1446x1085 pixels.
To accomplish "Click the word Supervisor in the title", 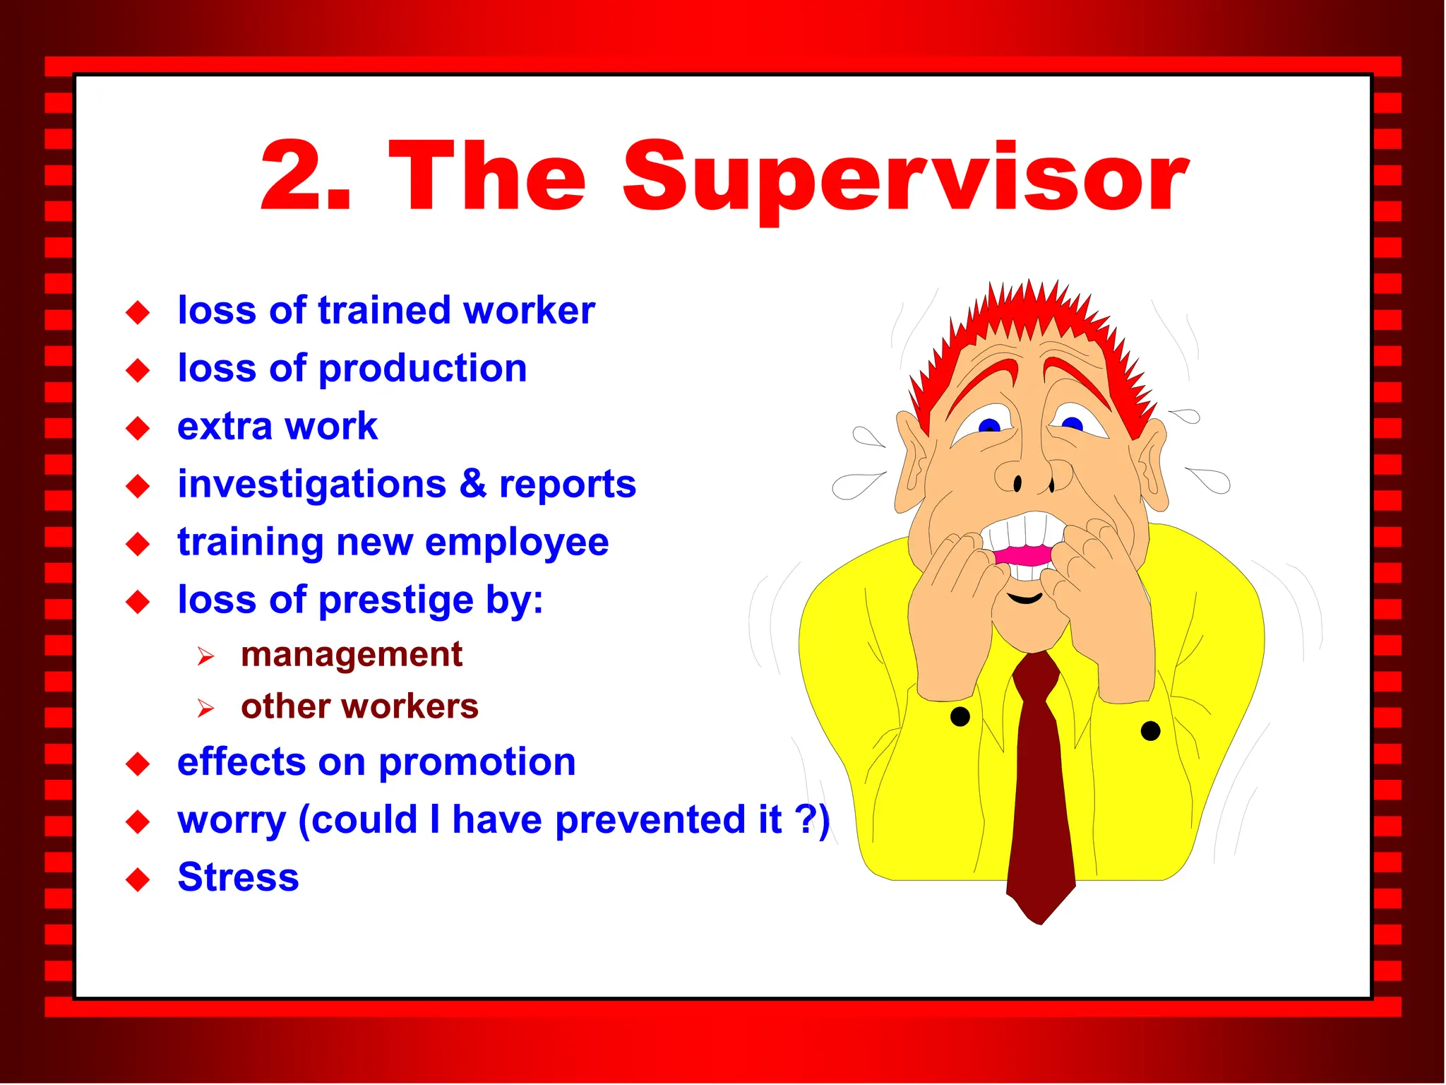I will click(x=905, y=177).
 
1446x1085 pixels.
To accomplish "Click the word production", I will click(x=422, y=369).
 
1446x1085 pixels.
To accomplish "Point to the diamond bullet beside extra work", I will click(x=138, y=428).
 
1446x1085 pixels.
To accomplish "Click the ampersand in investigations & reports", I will click(x=473, y=485).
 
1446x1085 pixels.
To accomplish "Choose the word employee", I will click(x=517, y=543).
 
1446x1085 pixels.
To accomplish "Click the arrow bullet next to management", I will click(x=205, y=657).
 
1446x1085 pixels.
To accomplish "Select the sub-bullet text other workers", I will click(x=359, y=706).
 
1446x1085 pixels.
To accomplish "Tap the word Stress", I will click(x=238, y=877).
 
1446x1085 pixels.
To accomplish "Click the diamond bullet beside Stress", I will click(x=138, y=879).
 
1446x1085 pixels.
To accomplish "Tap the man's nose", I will click(x=1033, y=473).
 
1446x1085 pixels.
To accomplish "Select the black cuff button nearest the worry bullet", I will click(x=960, y=717).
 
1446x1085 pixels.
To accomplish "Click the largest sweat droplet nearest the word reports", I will click(x=854, y=485).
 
